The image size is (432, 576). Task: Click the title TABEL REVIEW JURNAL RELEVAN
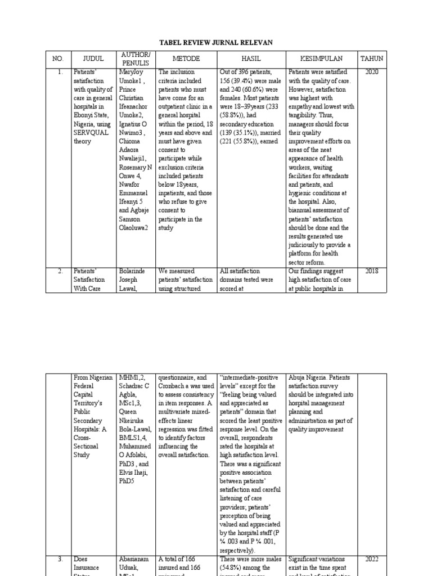point(217,42)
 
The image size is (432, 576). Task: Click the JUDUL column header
point(93,58)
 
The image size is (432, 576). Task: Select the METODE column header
point(185,58)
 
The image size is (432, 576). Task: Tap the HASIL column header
point(251,58)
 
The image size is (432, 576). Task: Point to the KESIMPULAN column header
point(321,58)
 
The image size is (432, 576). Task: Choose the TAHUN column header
point(372,58)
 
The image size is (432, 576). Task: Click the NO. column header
point(59,58)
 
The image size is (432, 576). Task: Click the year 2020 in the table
point(372,72)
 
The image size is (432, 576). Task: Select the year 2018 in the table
point(372,271)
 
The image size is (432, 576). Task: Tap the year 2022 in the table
point(372,560)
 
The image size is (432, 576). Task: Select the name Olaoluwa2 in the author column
point(134,228)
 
